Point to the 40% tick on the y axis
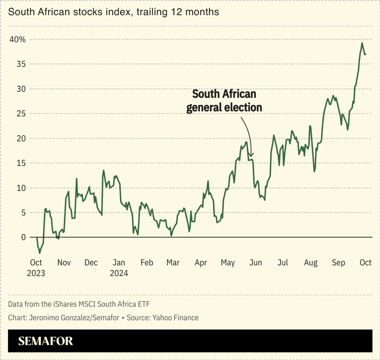(17, 40)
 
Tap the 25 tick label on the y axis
(21, 114)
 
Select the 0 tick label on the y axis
(23, 238)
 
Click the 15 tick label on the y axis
(21, 163)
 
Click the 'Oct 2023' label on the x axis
(36, 268)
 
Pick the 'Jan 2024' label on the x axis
(119, 268)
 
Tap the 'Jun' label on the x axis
(256, 263)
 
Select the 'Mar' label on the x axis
(173, 263)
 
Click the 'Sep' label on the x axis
(338, 263)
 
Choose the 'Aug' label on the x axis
(311, 263)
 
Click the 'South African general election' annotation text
(224, 101)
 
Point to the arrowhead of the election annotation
(251, 155)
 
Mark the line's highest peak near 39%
(362, 43)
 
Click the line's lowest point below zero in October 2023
(40, 253)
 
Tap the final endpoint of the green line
(366, 54)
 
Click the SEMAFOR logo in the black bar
(46, 341)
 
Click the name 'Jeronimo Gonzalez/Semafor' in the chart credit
(74, 318)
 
